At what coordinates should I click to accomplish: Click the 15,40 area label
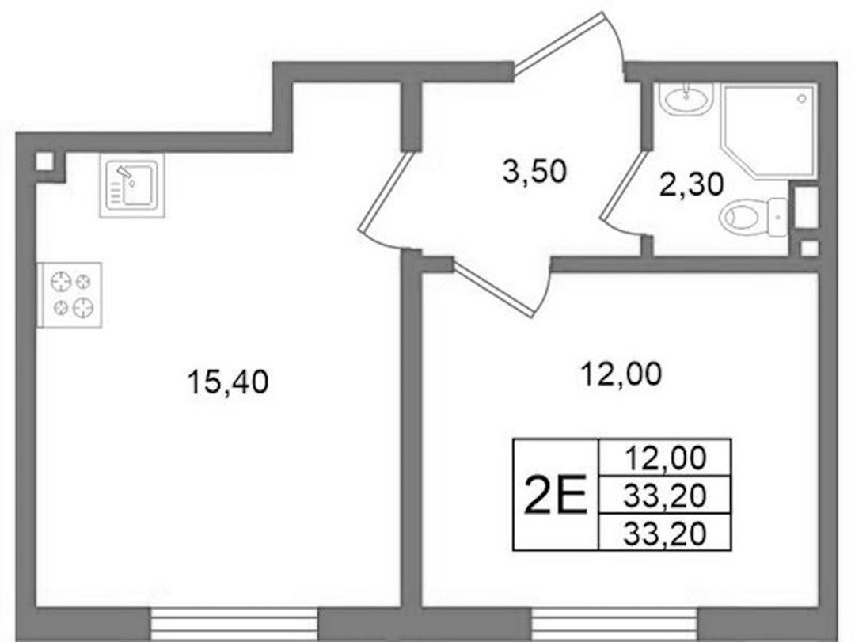tap(227, 382)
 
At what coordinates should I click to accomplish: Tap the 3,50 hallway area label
tap(534, 171)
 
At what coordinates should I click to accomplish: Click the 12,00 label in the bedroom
tap(621, 374)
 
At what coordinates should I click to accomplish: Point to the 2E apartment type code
tap(555, 495)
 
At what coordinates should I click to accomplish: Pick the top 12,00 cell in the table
tap(665, 458)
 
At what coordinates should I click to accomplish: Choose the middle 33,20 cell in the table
tap(665, 496)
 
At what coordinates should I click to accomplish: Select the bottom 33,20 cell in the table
tap(665, 533)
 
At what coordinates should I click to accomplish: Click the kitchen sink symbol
tap(132, 185)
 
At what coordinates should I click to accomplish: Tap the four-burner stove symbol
tap(69, 295)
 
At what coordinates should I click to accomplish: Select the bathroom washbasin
tap(685, 99)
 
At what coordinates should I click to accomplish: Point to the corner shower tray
tap(769, 131)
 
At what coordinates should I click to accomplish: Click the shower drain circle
tap(801, 99)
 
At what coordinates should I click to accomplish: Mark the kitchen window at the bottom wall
tap(234, 624)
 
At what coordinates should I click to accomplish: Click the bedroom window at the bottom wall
tap(615, 624)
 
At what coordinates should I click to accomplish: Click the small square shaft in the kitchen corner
tap(44, 161)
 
